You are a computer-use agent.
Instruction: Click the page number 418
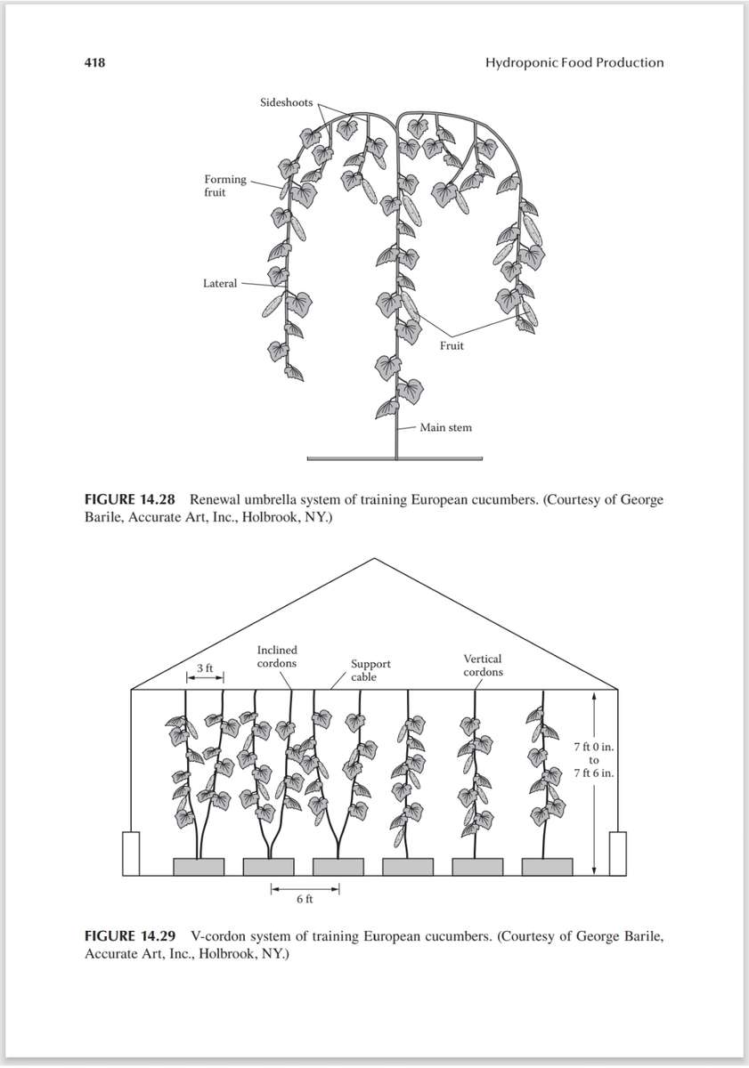pyautogui.click(x=94, y=62)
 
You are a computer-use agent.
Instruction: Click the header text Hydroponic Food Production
pyautogui.click(x=574, y=62)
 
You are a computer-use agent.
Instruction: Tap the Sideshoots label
pyautogui.click(x=286, y=102)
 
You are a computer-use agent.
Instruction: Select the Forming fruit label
pyautogui.click(x=225, y=185)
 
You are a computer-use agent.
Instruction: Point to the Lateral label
pyautogui.click(x=220, y=283)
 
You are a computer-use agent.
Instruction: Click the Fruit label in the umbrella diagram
pyautogui.click(x=452, y=345)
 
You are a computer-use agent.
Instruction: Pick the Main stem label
pyautogui.click(x=445, y=427)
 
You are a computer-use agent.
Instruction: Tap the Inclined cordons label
pyautogui.click(x=277, y=657)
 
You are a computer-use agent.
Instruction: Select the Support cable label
pyautogui.click(x=370, y=670)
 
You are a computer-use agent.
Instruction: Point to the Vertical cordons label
pyautogui.click(x=483, y=665)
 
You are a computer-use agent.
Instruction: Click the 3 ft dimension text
pyautogui.click(x=205, y=667)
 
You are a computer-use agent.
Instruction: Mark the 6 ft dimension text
pyautogui.click(x=305, y=899)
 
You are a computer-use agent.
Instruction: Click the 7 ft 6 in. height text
pyautogui.click(x=593, y=773)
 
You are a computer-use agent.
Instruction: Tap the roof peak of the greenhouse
pyautogui.click(x=375, y=559)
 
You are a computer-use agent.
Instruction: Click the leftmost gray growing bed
pyautogui.click(x=199, y=866)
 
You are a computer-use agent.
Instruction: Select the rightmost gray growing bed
pyautogui.click(x=547, y=866)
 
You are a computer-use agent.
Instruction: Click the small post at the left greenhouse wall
pyautogui.click(x=131, y=853)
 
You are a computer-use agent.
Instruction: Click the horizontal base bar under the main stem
pyautogui.click(x=395, y=459)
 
